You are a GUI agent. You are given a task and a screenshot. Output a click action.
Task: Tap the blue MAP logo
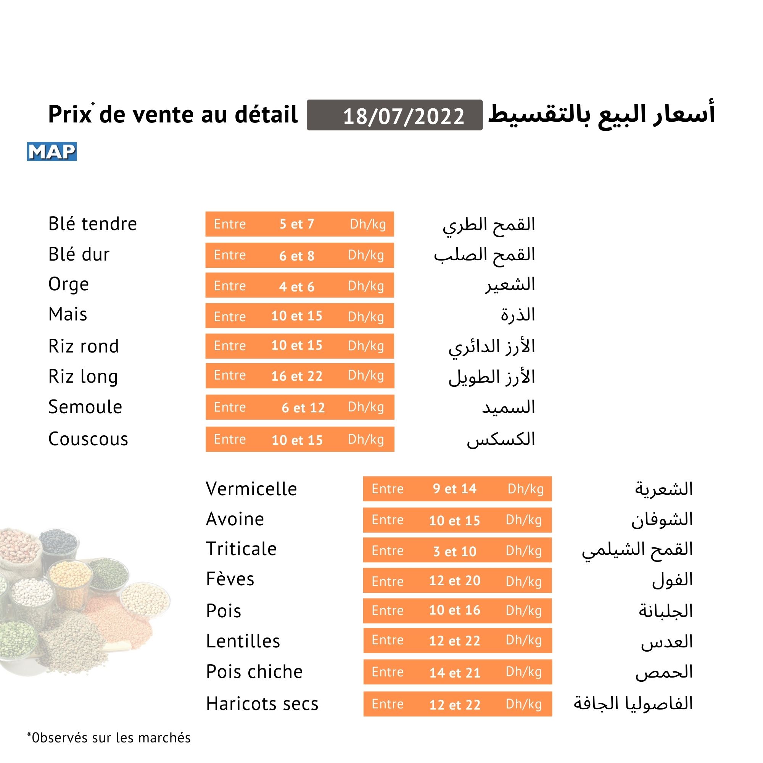[52, 152]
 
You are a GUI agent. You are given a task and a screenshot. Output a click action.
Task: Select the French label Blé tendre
[92, 224]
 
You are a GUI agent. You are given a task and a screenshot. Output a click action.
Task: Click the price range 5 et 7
[296, 224]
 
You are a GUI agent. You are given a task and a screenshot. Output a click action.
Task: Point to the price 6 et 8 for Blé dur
[296, 256]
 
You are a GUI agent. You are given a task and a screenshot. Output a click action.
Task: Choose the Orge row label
[69, 284]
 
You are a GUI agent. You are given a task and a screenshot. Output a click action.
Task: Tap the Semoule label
[85, 407]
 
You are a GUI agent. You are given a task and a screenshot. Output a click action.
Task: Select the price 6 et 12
[303, 407]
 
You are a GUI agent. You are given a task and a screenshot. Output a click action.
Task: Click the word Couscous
[88, 439]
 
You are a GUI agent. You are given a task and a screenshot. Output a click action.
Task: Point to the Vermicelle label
[251, 489]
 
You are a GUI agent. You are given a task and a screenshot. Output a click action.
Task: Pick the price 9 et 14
[455, 489]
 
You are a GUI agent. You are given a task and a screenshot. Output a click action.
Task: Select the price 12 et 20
[455, 581]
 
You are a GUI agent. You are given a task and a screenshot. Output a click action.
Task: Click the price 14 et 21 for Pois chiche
[455, 673]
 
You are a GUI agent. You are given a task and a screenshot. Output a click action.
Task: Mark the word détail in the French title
[266, 115]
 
